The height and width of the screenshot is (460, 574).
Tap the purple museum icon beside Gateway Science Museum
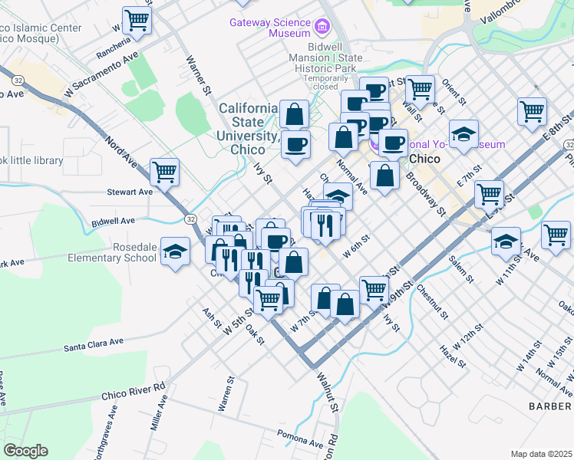(323, 28)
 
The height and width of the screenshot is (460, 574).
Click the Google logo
(25, 451)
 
